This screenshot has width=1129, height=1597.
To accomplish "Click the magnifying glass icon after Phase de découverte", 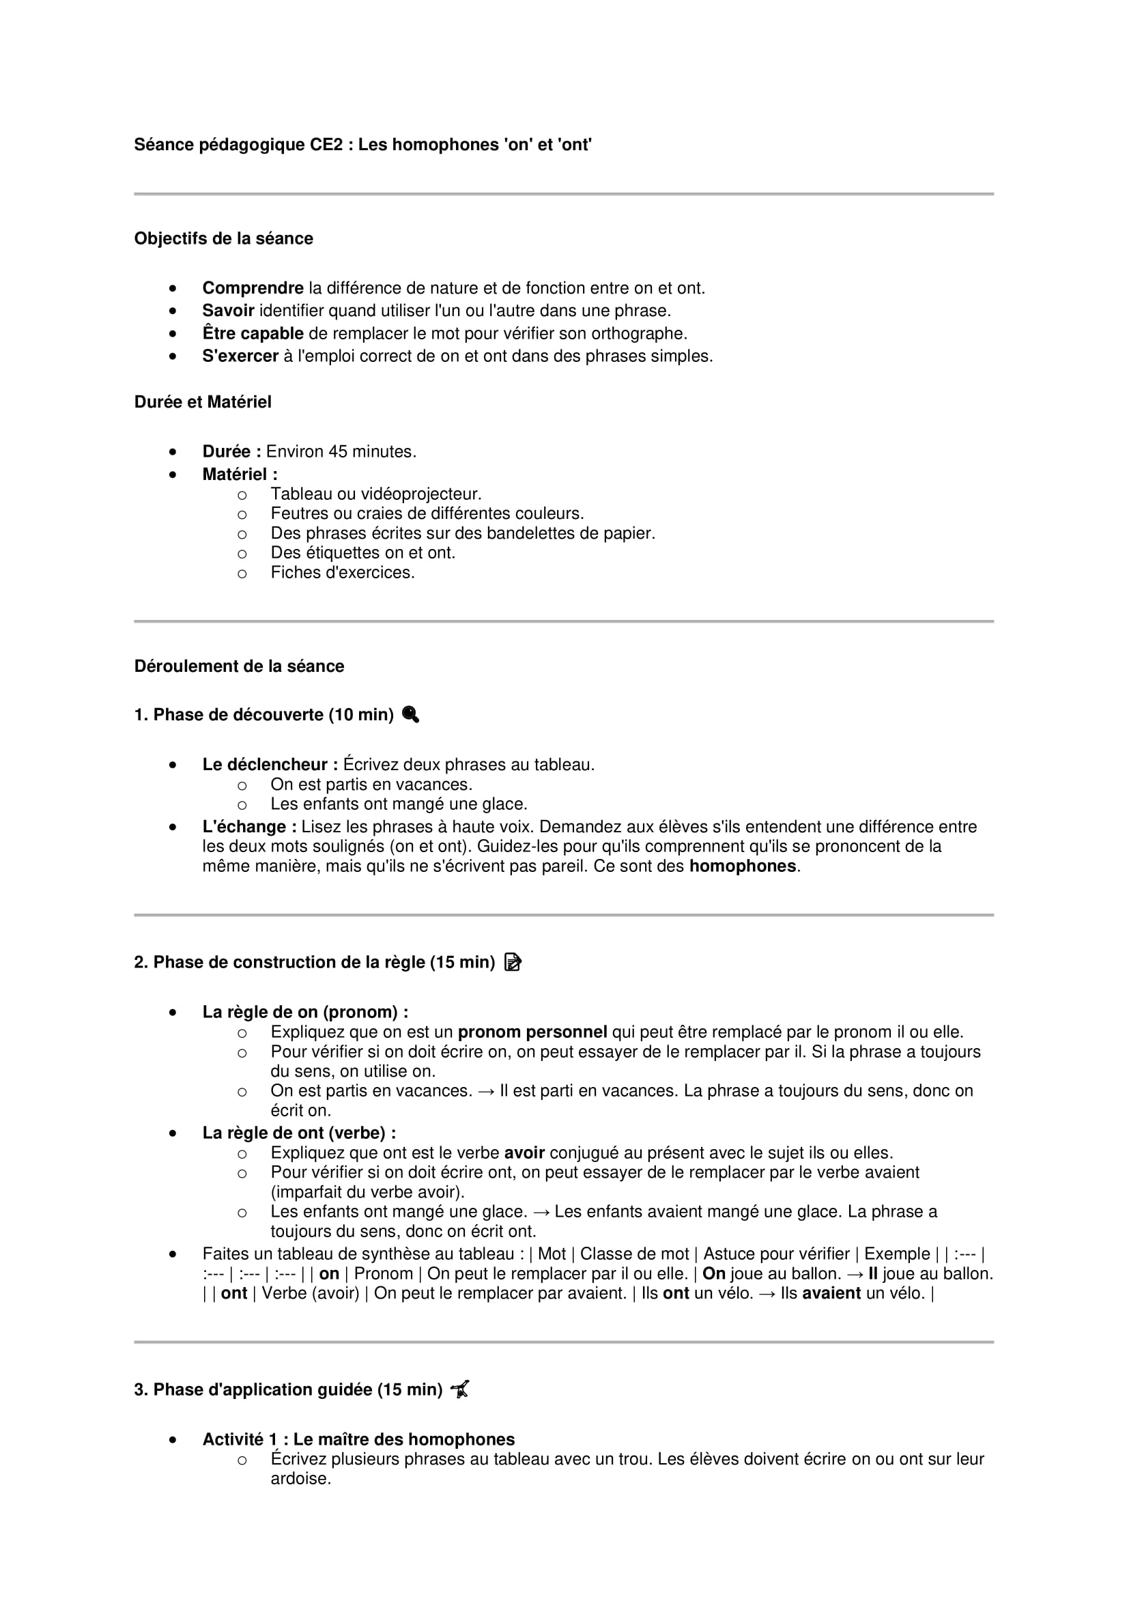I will point(410,714).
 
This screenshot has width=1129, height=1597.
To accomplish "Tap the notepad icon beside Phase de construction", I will point(513,962).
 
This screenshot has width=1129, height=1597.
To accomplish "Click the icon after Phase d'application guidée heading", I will point(459,1389).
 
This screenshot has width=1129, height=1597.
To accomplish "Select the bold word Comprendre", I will point(253,288).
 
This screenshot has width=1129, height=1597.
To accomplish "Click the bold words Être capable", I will point(253,333).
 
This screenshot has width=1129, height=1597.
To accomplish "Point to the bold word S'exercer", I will point(240,356).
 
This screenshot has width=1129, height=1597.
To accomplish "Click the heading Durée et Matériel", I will point(202,402).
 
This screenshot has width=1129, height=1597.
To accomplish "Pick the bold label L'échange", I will point(249,826).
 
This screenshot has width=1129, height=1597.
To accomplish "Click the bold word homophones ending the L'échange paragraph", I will point(742,866).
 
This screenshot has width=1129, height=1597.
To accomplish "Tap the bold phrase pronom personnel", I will point(532,1032).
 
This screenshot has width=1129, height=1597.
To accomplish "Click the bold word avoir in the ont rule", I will point(524,1153).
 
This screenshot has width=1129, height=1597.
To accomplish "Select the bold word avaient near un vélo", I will point(831,1293).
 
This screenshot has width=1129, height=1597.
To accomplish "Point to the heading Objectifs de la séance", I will point(223,238).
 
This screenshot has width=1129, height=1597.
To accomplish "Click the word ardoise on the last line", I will point(300,1478).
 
